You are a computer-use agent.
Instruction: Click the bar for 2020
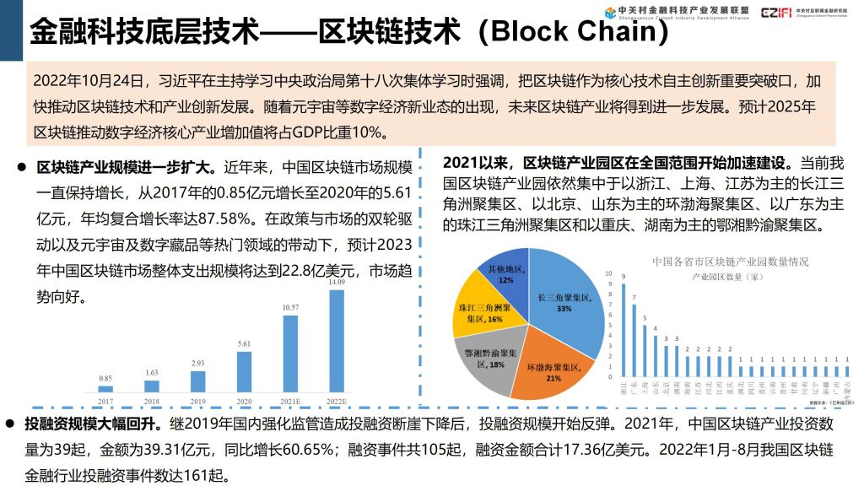tap(245, 371)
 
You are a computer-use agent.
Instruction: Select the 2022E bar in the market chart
tap(337, 341)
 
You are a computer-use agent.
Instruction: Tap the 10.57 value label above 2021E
tap(290, 308)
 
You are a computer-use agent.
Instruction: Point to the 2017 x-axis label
tap(105, 401)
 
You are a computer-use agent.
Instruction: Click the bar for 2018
tap(152, 386)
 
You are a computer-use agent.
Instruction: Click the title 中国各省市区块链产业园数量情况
tap(731, 262)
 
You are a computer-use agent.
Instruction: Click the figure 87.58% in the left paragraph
tap(224, 219)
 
